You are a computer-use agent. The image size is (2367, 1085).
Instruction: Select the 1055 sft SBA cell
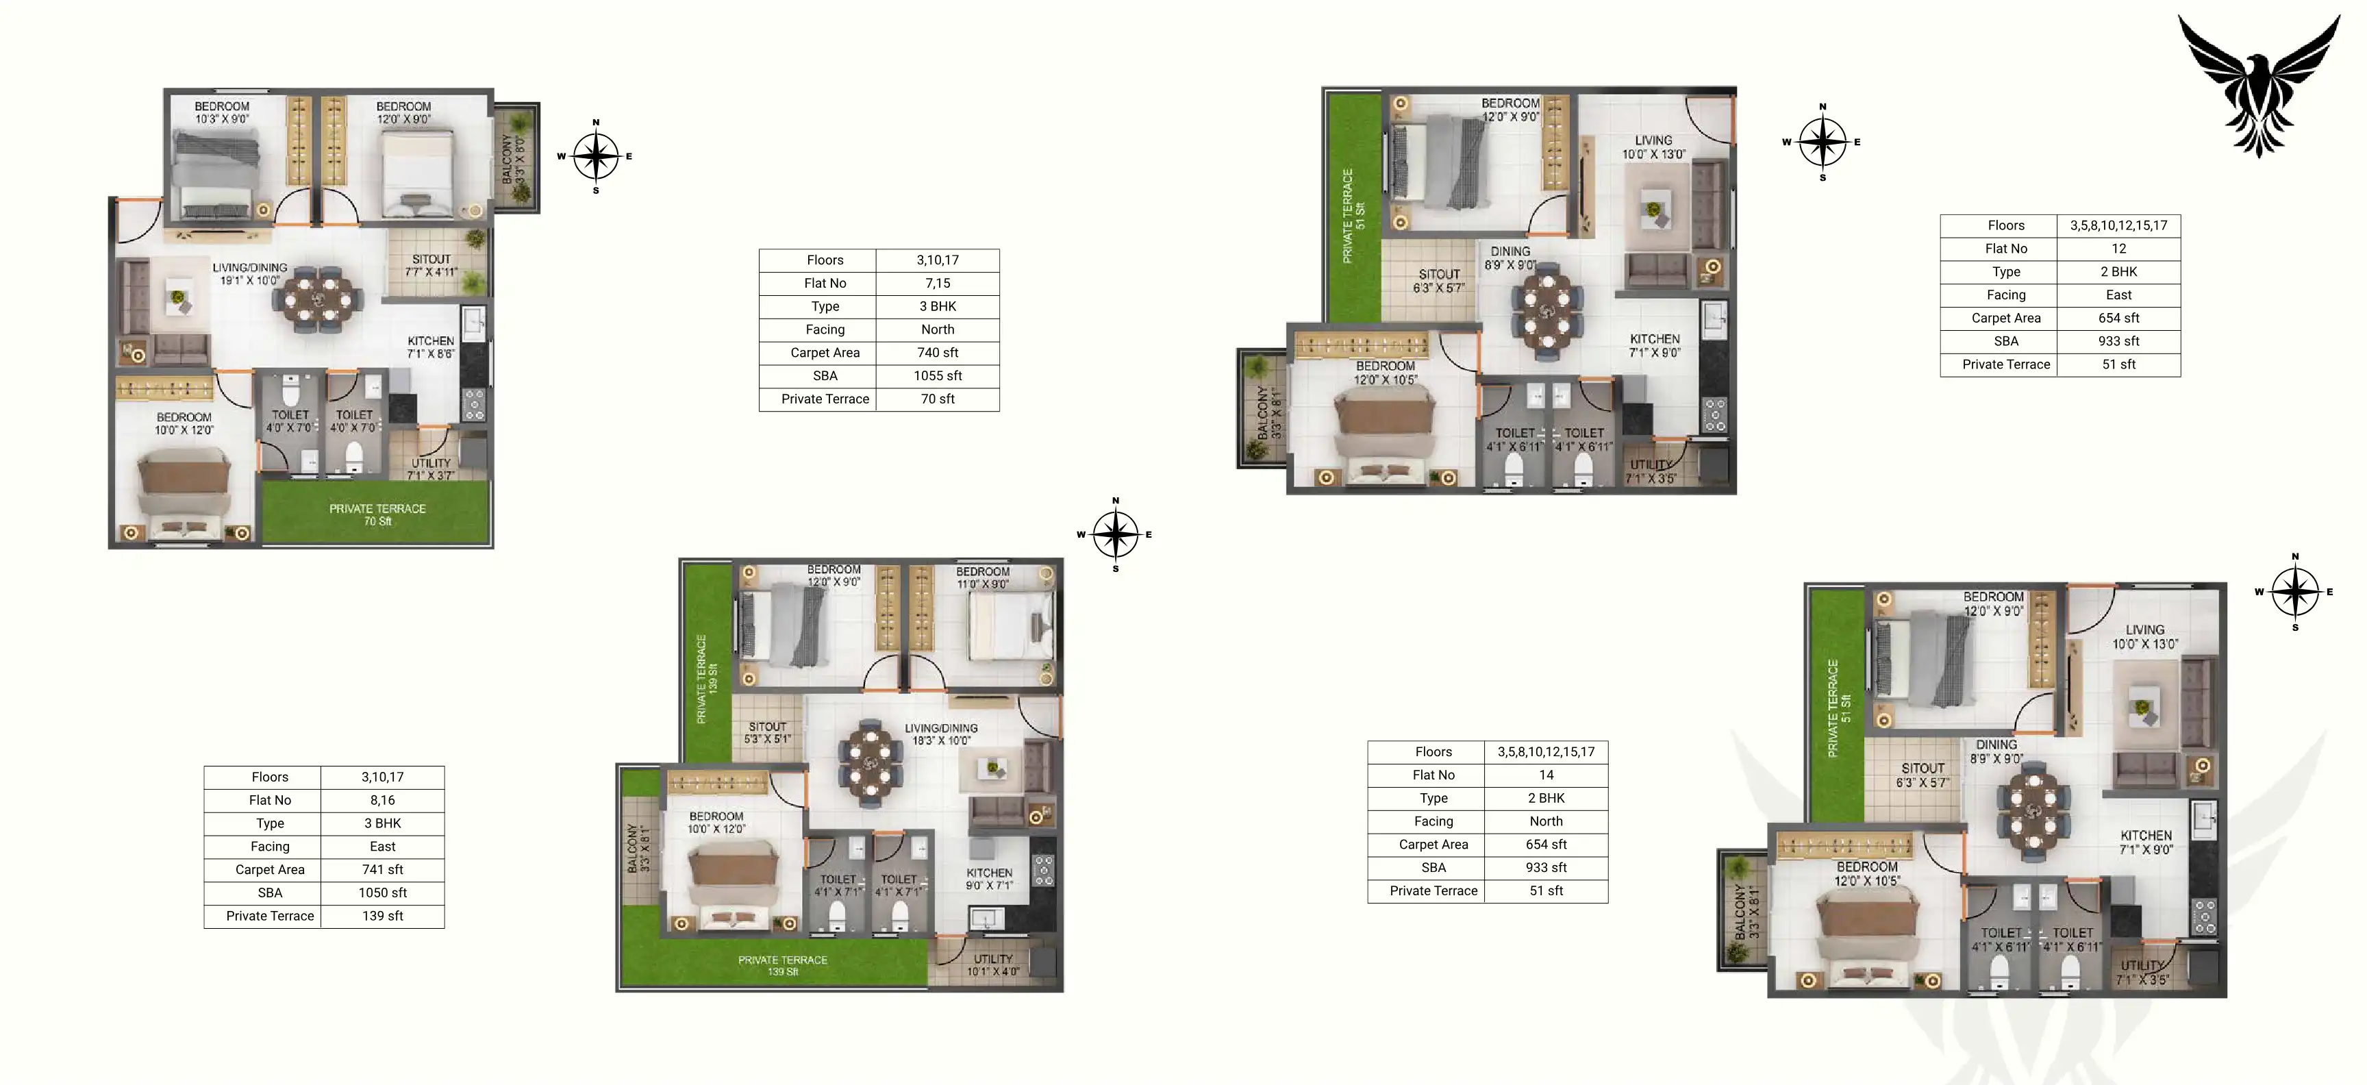point(937,376)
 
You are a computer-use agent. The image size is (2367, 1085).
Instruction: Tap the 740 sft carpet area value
point(937,353)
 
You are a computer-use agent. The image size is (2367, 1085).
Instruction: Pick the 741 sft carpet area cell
point(382,869)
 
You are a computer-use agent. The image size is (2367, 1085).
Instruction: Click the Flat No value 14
point(1546,775)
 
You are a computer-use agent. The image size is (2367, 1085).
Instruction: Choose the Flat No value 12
point(2118,249)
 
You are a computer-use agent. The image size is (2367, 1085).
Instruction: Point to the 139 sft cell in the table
point(382,916)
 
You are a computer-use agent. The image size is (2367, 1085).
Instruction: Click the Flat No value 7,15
point(937,283)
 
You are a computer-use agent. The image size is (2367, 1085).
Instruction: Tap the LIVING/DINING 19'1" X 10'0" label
point(250,274)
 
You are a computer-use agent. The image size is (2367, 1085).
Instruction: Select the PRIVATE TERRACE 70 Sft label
point(377,514)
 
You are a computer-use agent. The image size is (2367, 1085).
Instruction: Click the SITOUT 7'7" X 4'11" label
point(431,266)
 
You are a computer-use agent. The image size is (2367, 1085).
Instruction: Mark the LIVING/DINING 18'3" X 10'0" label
point(941,734)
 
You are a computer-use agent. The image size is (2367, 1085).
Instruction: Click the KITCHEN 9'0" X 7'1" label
point(989,880)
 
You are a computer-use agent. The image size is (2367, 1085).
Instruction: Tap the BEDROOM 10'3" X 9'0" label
point(221,112)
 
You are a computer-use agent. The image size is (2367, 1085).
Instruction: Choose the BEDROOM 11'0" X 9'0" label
point(982,578)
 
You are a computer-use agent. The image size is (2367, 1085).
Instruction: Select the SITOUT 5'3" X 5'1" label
point(767,732)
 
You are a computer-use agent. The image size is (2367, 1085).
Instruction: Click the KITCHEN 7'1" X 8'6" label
point(431,347)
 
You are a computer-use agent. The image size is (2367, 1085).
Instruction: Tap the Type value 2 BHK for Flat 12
point(2118,272)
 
